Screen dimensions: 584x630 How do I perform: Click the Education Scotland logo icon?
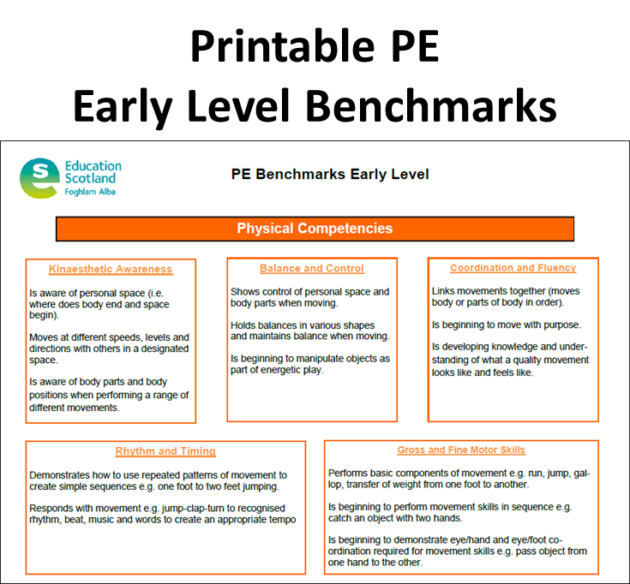click(x=39, y=177)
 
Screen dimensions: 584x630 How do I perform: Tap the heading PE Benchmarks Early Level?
click(x=330, y=175)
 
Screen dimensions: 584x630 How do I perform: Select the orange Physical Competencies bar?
click(x=315, y=229)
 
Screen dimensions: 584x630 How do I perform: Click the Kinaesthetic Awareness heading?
click(x=111, y=269)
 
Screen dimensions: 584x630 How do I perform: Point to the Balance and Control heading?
click(x=312, y=268)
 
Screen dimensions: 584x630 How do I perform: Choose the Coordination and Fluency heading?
click(x=513, y=268)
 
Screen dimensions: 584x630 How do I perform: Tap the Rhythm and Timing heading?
click(x=165, y=451)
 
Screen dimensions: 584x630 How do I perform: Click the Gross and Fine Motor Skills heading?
click(x=461, y=450)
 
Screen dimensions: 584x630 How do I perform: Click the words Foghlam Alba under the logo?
click(x=90, y=192)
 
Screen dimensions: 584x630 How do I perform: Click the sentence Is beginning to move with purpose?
click(x=506, y=325)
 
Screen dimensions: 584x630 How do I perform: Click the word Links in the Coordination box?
click(x=444, y=291)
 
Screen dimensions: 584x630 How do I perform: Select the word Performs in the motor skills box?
click(x=350, y=473)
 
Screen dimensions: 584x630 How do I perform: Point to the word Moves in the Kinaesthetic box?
click(x=44, y=337)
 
